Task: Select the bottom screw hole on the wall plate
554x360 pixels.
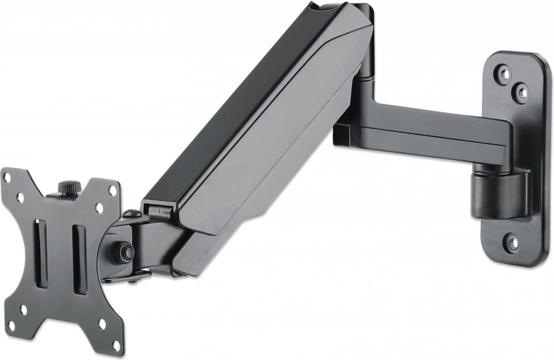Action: click(512, 240)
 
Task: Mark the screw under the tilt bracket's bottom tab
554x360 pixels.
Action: click(136, 275)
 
